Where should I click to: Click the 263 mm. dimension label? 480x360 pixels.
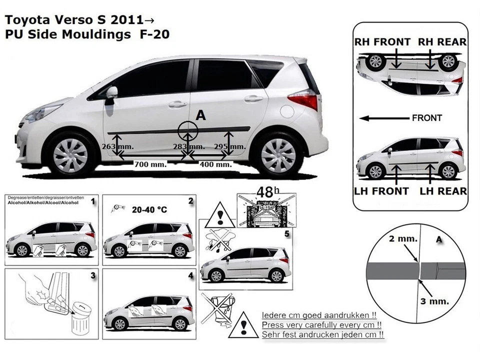click(x=117, y=146)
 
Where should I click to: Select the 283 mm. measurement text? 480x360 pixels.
click(x=189, y=146)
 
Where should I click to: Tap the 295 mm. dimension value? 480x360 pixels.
click(x=229, y=146)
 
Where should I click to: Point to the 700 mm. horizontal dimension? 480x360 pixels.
click(x=150, y=164)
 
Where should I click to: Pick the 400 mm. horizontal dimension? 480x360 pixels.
click(x=215, y=164)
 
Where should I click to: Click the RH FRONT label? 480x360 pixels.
click(x=382, y=42)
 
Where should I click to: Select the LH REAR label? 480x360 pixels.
click(x=443, y=191)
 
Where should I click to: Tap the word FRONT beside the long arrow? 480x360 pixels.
click(x=426, y=118)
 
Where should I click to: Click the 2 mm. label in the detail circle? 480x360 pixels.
click(x=402, y=239)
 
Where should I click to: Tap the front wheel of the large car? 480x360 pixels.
click(x=70, y=155)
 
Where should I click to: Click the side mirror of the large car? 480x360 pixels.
click(x=110, y=93)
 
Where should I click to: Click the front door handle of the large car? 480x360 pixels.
click(x=177, y=104)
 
